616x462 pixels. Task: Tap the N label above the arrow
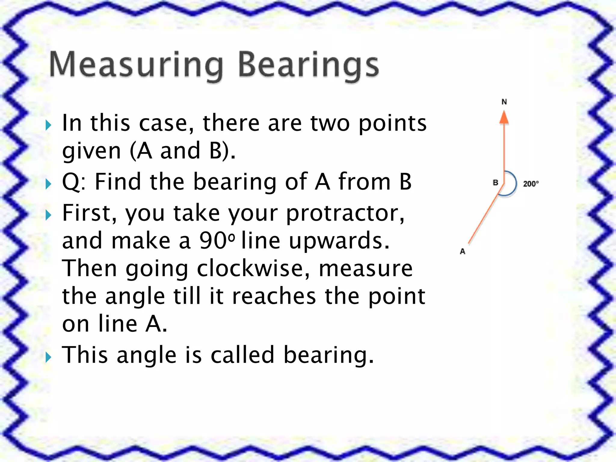(x=504, y=102)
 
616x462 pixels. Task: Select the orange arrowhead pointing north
(x=504, y=118)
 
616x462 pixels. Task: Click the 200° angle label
(x=531, y=184)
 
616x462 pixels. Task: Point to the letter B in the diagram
(x=495, y=183)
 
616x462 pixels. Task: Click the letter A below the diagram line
(x=463, y=251)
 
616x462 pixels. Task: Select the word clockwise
(x=253, y=268)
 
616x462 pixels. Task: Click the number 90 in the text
(x=213, y=241)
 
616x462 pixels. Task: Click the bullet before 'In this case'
(x=48, y=125)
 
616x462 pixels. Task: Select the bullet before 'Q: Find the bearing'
(x=48, y=184)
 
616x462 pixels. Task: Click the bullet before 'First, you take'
(x=48, y=215)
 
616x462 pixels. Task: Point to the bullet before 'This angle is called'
(x=48, y=357)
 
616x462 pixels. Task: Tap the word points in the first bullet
(x=393, y=123)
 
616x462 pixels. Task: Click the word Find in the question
(x=118, y=182)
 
